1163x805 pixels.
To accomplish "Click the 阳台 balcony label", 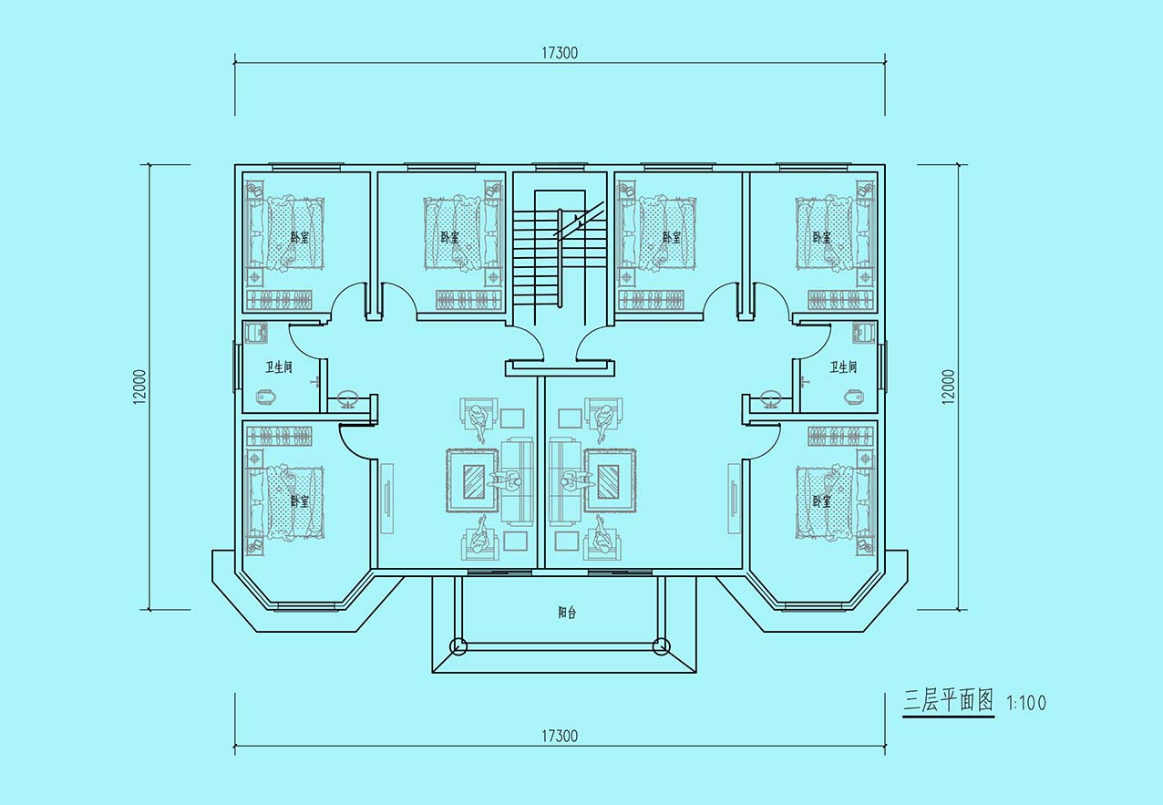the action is pyautogui.click(x=567, y=613).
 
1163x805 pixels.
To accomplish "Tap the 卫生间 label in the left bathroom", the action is pyautogui.click(x=279, y=367).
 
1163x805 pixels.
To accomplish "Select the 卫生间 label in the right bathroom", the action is pyautogui.click(x=843, y=367).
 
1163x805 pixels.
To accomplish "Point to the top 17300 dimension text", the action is pyautogui.click(x=560, y=53).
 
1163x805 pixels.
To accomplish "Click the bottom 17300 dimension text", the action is pyautogui.click(x=560, y=736).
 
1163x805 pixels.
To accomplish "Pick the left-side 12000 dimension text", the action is pyautogui.click(x=140, y=387).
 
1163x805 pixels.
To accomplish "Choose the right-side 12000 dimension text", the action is pyautogui.click(x=948, y=387).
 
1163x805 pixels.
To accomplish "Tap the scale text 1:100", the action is pyautogui.click(x=1026, y=703).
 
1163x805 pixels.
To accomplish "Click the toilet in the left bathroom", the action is pyautogui.click(x=267, y=397).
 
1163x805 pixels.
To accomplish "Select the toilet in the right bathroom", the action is pyautogui.click(x=855, y=397).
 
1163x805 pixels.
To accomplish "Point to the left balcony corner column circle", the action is pyautogui.click(x=458, y=646).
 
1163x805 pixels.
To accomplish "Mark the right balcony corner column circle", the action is pyautogui.click(x=662, y=646).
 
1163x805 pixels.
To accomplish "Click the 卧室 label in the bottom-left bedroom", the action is pyautogui.click(x=299, y=501).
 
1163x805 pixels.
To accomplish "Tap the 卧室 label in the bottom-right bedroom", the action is pyautogui.click(x=822, y=501).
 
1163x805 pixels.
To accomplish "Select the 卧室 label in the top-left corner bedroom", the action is pyautogui.click(x=299, y=238).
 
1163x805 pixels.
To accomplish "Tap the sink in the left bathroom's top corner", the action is pyautogui.click(x=255, y=333).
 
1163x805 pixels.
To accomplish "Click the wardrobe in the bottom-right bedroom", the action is pyautogui.click(x=840, y=437).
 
